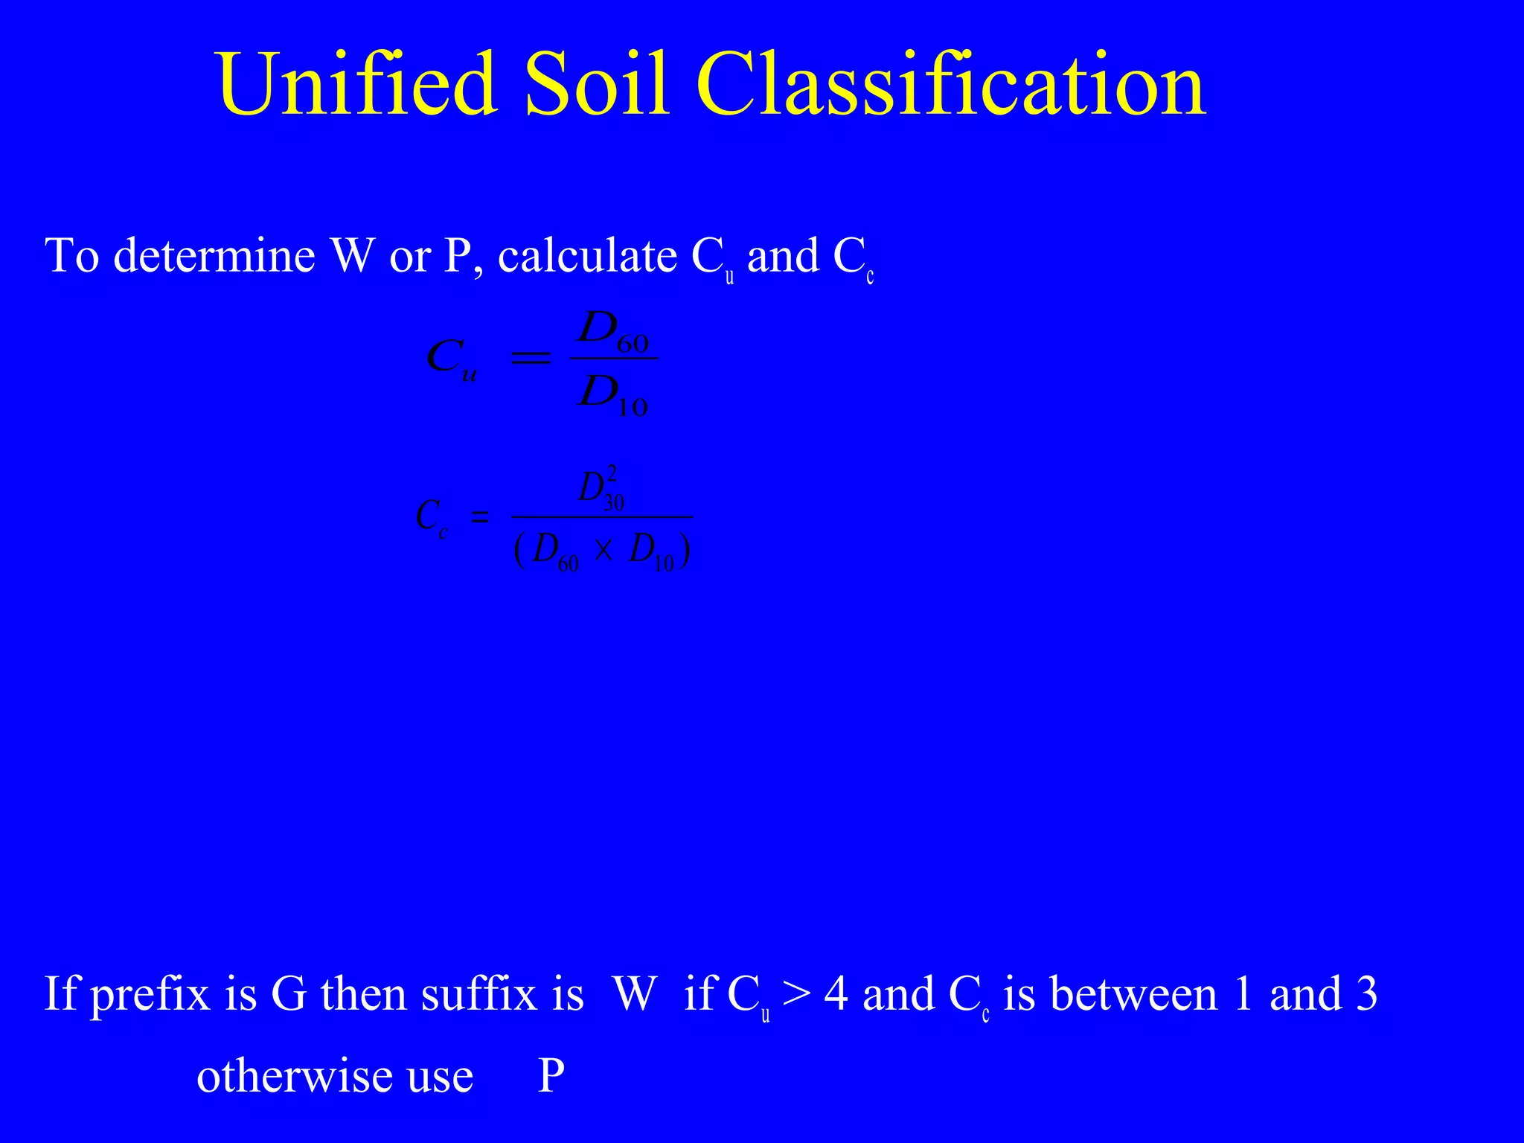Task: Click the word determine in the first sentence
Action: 214,256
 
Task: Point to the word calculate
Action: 587,256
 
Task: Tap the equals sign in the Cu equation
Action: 530,359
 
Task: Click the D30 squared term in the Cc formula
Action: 601,490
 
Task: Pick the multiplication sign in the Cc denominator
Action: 603,551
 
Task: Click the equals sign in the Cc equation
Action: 480,516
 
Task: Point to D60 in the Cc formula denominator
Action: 555,552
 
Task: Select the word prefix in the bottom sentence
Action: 150,994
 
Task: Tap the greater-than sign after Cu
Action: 796,994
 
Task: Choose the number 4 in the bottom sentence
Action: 836,994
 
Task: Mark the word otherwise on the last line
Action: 294,1076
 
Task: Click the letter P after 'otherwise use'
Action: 551,1076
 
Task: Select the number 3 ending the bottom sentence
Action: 1366,994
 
